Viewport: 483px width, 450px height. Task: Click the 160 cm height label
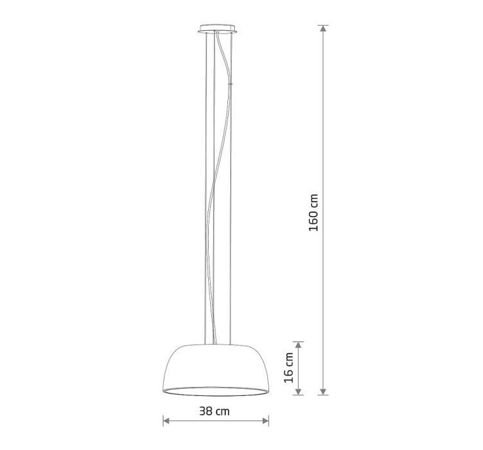click(313, 212)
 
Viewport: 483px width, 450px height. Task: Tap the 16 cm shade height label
click(289, 368)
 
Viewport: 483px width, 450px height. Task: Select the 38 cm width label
click(215, 411)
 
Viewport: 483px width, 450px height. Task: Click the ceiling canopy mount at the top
click(218, 28)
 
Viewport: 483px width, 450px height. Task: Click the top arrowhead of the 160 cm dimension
click(323, 29)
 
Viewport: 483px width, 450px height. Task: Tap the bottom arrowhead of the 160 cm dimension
click(323, 392)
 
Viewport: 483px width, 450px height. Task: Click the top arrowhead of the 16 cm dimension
click(298, 345)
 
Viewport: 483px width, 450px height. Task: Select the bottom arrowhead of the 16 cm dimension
click(298, 392)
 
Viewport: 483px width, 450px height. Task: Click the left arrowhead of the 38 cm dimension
click(166, 420)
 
